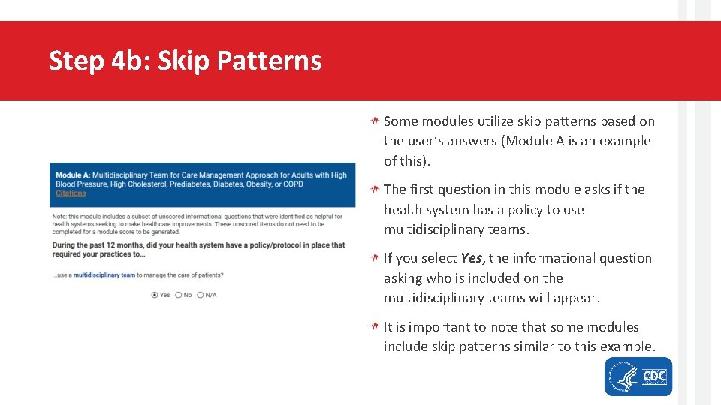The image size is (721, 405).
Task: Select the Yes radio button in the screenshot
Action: click(x=155, y=295)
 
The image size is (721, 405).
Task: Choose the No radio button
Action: click(x=178, y=295)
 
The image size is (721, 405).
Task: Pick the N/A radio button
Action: click(x=201, y=295)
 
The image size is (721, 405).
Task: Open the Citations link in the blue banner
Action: click(x=71, y=193)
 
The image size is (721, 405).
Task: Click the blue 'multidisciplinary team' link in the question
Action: click(x=104, y=275)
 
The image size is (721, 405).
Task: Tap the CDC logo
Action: click(x=654, y=376)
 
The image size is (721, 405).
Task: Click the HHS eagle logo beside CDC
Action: click(x=623, y=376)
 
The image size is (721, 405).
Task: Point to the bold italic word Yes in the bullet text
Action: click(x=471, y=258)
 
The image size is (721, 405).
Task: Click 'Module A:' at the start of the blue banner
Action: click(x=72, y=175)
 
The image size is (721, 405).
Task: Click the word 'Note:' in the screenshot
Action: click(x=59, y=217)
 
